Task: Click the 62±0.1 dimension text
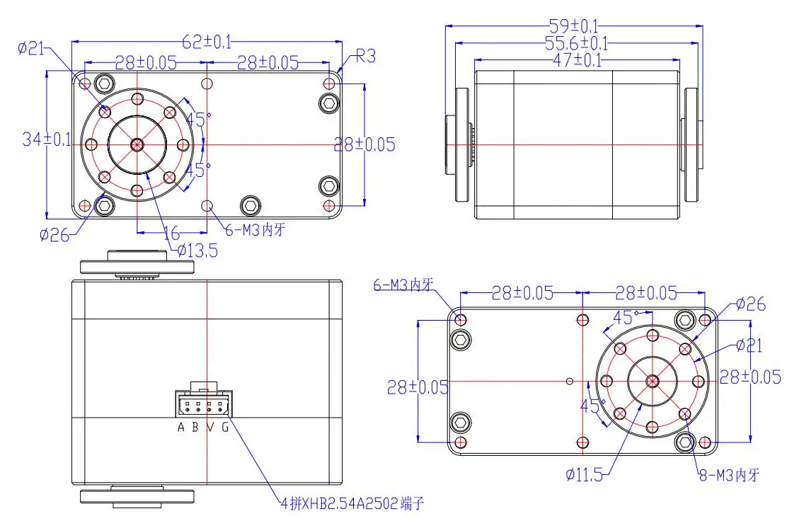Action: pyautogui.click(x=207, y=42)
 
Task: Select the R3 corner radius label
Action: pyautogui.click(x=365, y=57)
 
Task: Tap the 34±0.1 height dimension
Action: pyautogui.click(x=46, y=139)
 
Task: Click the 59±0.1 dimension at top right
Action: pyautogui.click(x=573, y=27)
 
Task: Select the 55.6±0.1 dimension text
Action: pyautogui.click(x=573, y=44)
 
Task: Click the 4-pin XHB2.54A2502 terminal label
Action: pyautogui.click(x=353, y=503)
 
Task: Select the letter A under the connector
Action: pyautogui.click(x=181, y=427)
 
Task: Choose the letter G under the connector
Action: pyautogui.click(x=225, y=427)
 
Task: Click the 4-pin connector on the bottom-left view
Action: pyautogui.click(x=204, y=405)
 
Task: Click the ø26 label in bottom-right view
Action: pyautogui.click(x=750, y=304)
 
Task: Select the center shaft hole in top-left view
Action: pyautogui.click(x=137, y=144)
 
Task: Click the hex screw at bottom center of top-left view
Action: pyautogui.click(x=250, y=206)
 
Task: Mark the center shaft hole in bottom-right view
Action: pyautogui.click(x=652, y=381)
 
